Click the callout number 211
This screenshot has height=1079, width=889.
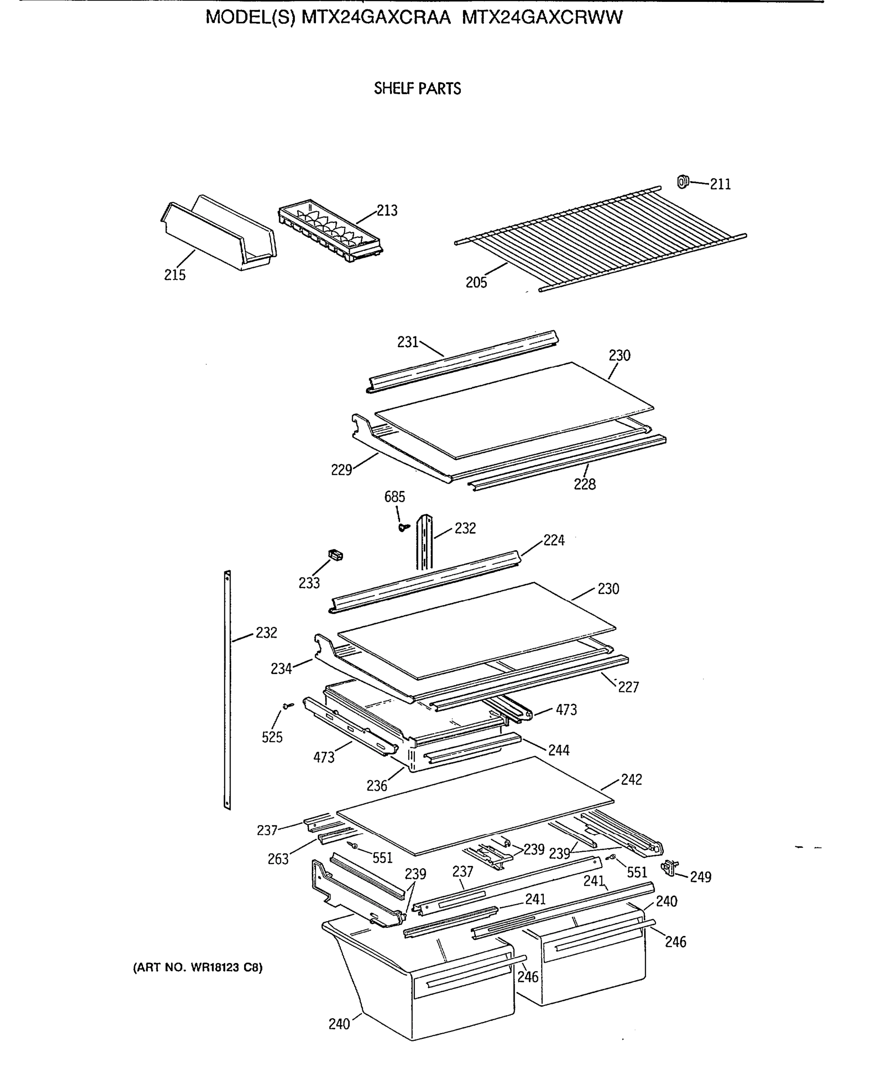coord(720,184)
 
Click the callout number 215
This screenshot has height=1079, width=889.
coord(175,275)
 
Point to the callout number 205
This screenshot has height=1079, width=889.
coord(476,282)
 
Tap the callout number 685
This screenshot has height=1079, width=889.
coord(394,496)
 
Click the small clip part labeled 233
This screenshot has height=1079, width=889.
coord(335,555)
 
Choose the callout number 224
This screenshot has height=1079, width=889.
coord(554,540)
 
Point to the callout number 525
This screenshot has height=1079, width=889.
coord(272,737)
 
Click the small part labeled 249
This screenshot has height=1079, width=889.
coord(668,867)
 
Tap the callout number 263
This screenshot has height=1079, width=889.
coord(278,859)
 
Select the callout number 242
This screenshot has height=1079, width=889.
coord(631,779)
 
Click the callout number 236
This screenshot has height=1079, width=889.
coord(377,785)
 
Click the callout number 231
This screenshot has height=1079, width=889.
coord(408,342)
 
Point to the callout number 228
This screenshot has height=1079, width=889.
coord(584,484)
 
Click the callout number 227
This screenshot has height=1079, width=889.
coord(628,687)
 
